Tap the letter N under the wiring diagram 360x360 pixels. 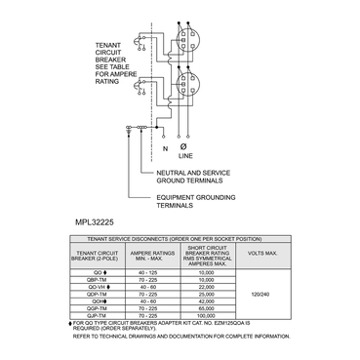click(165, 149)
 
